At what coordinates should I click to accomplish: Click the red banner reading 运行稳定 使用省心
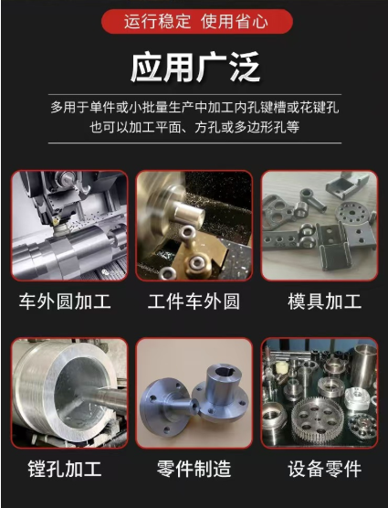pos(197,21)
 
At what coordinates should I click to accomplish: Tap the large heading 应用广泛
pos(195,68)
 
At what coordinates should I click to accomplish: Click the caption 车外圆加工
pos(65,302)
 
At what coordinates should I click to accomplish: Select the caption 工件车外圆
pos(194,302)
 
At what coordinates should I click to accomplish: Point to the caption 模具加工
pos(325,302)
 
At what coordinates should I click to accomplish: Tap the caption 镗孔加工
pos(65,469)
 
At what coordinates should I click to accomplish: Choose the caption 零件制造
pos(194,469)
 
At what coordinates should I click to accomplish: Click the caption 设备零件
pos(325,469)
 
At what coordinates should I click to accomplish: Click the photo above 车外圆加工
pos(69,226)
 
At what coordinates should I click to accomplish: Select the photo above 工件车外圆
pos(194,226)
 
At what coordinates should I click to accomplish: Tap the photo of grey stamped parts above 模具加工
pos(320,226)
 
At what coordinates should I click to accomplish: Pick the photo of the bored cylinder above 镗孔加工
pos(69,393)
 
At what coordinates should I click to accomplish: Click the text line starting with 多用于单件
pos(194,107)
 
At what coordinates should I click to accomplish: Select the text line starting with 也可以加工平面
pos(194,127)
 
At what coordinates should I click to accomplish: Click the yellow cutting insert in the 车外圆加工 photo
pos(56,221)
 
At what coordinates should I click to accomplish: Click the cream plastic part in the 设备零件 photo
pos(281,367)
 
